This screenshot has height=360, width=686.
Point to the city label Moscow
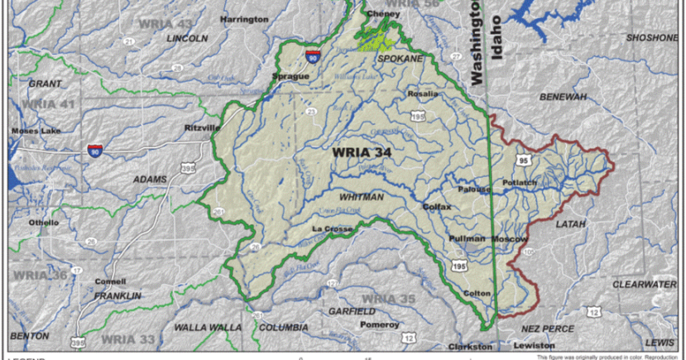(x=509, y=238)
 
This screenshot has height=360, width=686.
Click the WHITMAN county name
(x=361, y=197)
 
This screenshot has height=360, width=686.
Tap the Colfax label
(x=436, y=206)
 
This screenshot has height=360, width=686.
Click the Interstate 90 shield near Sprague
(x=311, y=55)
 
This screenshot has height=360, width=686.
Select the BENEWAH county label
(x=563, y=97)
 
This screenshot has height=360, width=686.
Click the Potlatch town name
(x=520, y=182)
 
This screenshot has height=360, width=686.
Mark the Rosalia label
(x=423, y=94)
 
